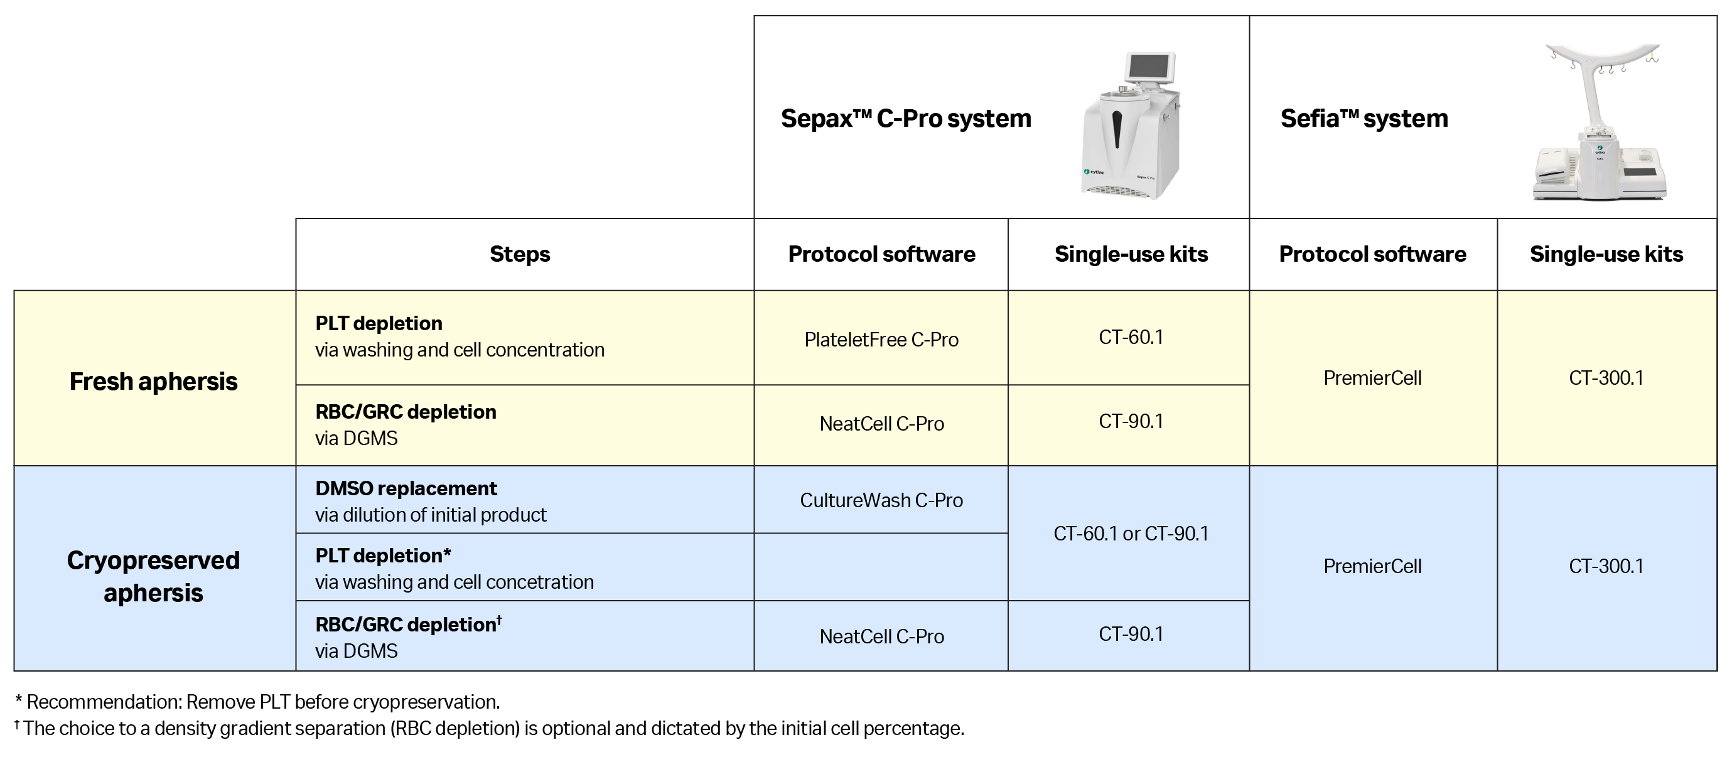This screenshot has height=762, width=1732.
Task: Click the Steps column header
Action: click(519, 254)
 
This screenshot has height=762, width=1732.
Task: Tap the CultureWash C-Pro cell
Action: click(881, 500)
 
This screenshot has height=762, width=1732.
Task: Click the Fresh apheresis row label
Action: click(153, 382)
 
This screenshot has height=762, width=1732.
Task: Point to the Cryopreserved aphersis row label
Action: click(153, 576)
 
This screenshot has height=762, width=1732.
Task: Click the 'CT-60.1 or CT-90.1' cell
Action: click(1131, 534)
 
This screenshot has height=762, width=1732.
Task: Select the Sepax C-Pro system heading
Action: click(906, 119)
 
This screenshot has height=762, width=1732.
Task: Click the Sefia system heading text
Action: click(1364, 119)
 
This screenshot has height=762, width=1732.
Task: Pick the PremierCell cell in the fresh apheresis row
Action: click(1372, 378)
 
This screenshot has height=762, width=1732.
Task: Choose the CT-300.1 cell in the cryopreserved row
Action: click(1606, 566)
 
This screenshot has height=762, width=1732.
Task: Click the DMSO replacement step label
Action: click(406, 488)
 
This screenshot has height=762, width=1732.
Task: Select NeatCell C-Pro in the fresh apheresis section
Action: click(881, 424)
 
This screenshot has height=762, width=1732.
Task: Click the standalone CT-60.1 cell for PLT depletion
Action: click(1131, 337)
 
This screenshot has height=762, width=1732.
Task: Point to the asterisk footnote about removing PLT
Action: click(257, 702)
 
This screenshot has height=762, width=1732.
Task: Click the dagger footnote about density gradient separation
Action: click(490, 728)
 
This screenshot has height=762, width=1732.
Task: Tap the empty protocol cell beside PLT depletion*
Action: click(881, 567)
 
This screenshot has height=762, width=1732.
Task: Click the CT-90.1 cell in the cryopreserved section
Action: click(1131, 634)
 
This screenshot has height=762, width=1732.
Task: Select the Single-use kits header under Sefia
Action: click(1606, 254)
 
